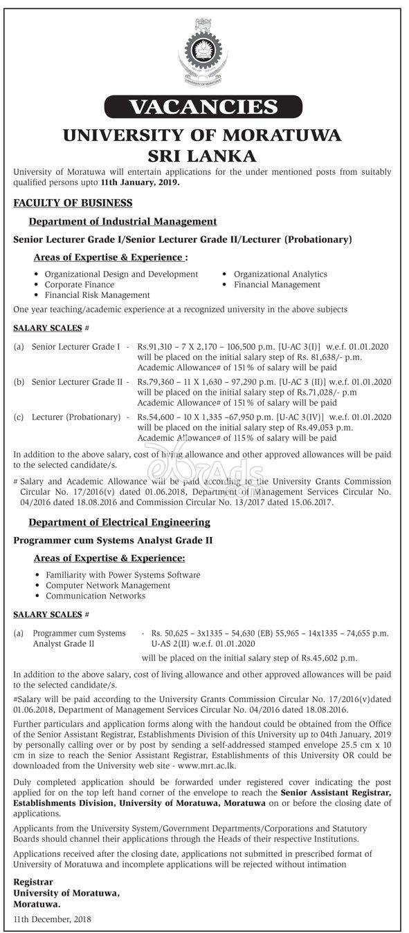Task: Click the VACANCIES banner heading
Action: click(203, 107)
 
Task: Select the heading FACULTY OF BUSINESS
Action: click(73, 202)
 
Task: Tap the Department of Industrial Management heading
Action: click(122, 221)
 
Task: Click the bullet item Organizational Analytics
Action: click(280, 274)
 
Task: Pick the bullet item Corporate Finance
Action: click(80, 284)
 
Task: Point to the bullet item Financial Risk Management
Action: click(97, 294)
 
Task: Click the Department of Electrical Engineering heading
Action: click(119, 522)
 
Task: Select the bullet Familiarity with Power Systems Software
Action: click(122, 574)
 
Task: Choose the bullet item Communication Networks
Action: click(95, 595)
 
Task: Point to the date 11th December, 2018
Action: click(53, 919)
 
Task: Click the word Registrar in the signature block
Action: click(33, 882)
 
